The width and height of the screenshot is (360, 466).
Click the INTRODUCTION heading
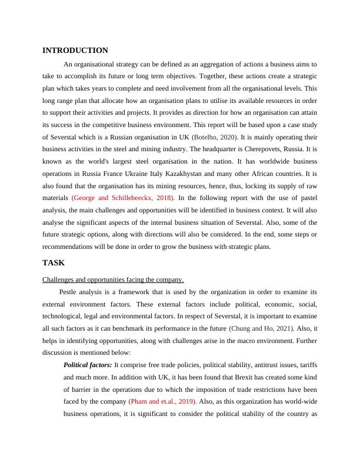coord(75,51)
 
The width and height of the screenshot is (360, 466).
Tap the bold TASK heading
coord(54,263)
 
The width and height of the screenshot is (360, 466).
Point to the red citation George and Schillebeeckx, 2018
coord(122,198)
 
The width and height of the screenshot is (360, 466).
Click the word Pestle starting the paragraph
coord(69,292)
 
